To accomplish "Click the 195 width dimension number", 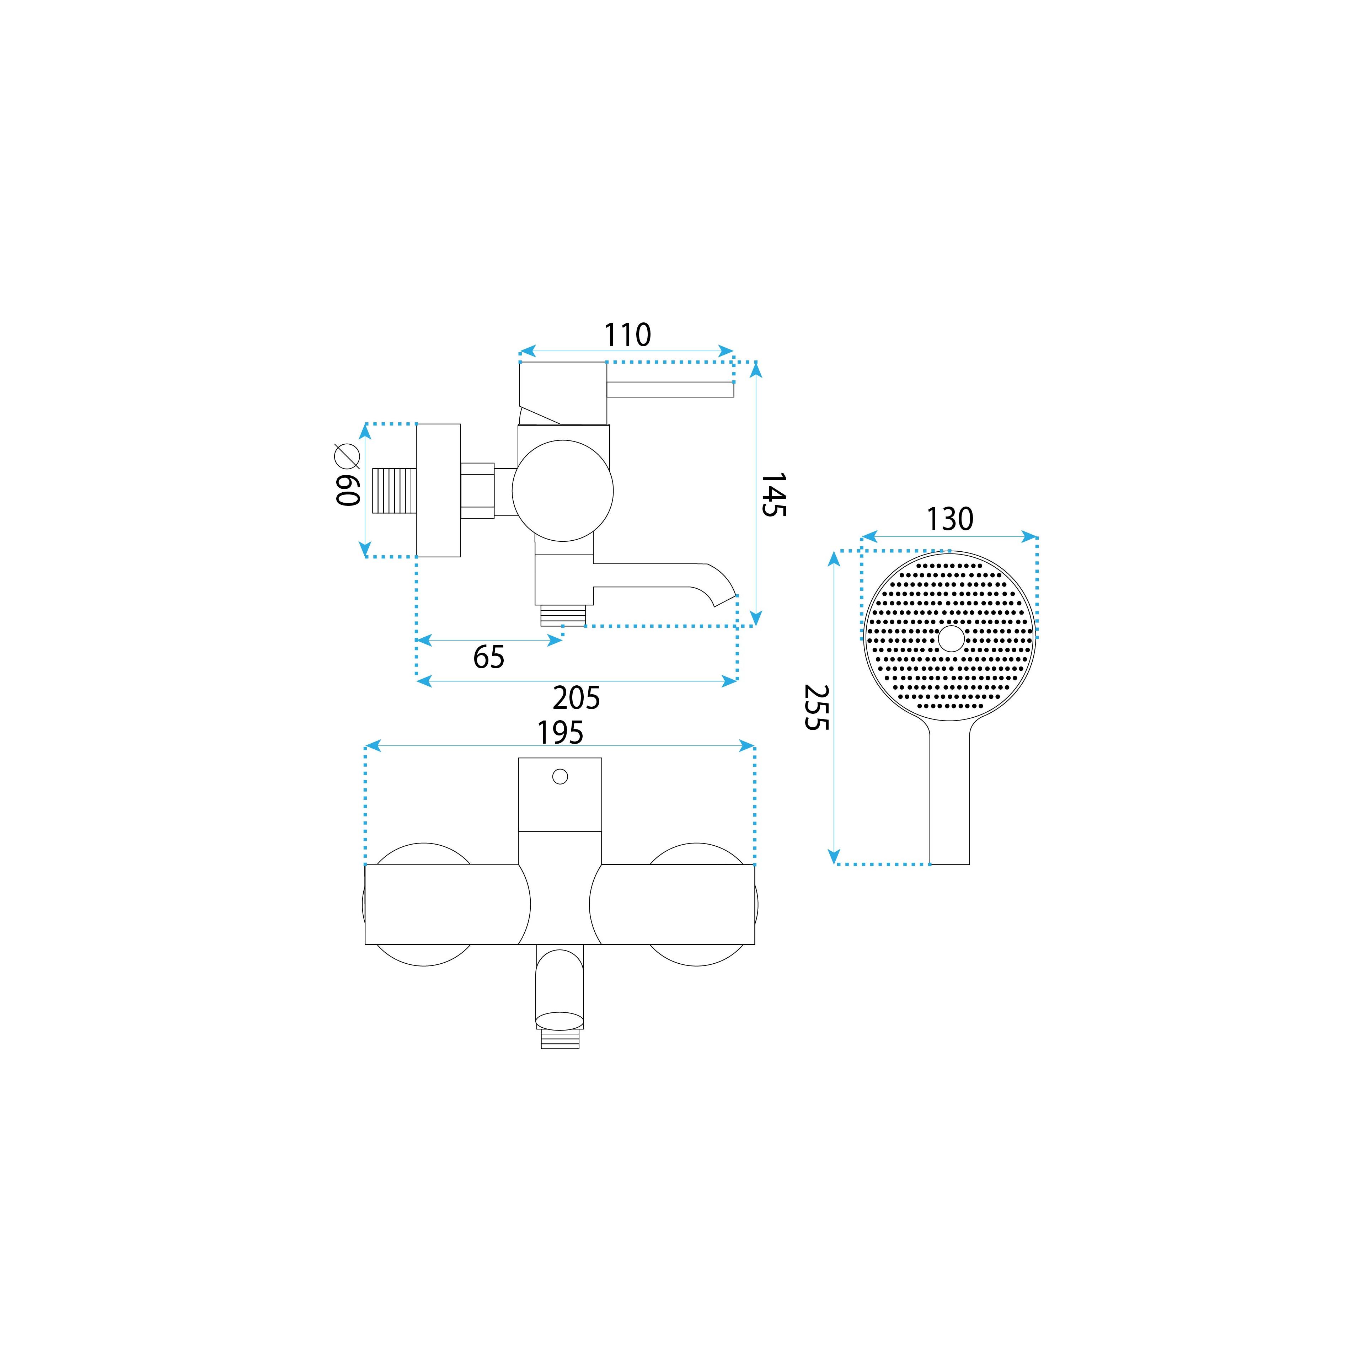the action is pos(560,733).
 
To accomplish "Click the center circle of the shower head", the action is pos(951,638).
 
